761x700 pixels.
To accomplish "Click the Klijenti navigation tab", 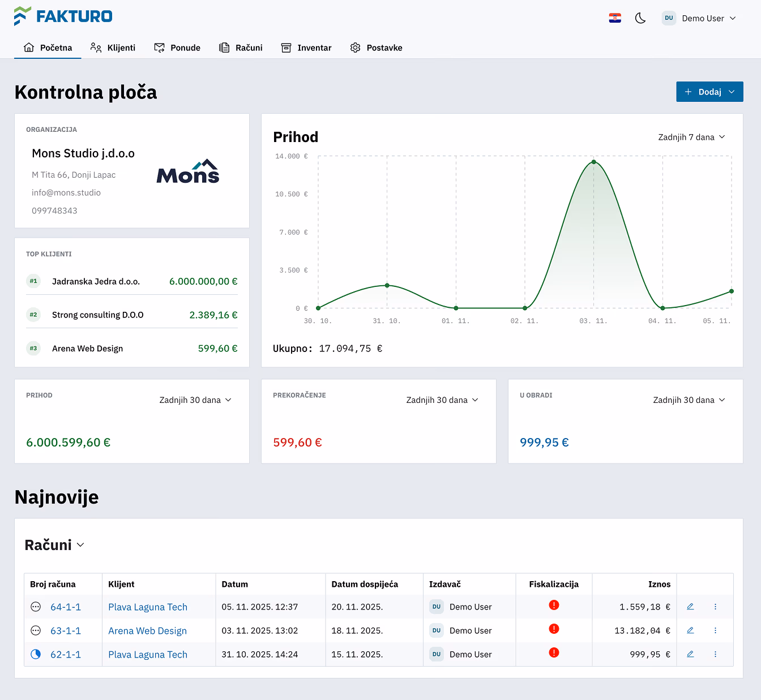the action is tap(113, 48).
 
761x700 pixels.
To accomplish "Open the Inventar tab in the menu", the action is tap(306, 48).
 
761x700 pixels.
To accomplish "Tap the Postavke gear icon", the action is tap(355, 48).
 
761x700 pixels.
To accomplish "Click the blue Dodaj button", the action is tap(709, 92).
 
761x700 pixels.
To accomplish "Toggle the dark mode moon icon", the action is tap(640, 18).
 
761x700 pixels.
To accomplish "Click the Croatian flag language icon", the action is tap(615, 18).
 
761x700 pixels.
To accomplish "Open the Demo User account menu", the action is tap(699, 18).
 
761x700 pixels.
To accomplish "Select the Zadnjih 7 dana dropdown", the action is tap(691, 137).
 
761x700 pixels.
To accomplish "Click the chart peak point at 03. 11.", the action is tap(594, 162).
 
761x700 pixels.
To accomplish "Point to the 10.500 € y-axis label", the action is tap(292, 194).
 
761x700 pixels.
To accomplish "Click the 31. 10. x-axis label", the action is tap(387, 321).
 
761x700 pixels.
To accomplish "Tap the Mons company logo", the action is tap(188, 171).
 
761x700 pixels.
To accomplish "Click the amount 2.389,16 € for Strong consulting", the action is tap(213, 315).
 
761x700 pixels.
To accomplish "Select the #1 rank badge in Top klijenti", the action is tap(33, 281).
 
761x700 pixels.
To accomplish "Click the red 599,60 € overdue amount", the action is tap(297, 442).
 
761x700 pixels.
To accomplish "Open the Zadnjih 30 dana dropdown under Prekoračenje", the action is tap(442, 400).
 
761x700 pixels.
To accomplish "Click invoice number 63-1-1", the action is tap(66, 630).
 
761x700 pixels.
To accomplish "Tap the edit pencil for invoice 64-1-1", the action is tap(690, 607).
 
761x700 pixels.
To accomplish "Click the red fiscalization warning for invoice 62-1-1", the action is tap(554, 652).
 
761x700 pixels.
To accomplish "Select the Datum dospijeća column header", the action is tap(365, 584).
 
